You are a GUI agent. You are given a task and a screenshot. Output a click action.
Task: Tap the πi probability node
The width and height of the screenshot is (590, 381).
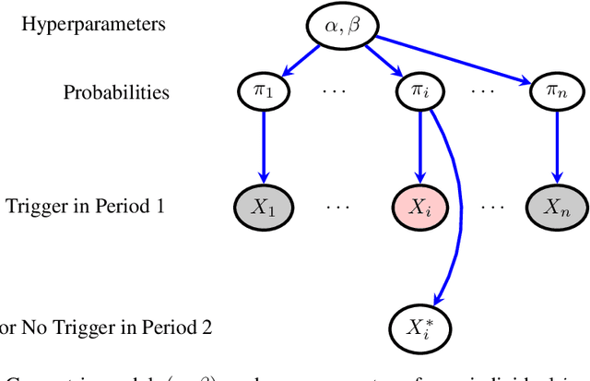420,92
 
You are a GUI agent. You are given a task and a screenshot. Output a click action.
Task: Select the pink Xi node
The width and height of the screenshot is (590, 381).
420,207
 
